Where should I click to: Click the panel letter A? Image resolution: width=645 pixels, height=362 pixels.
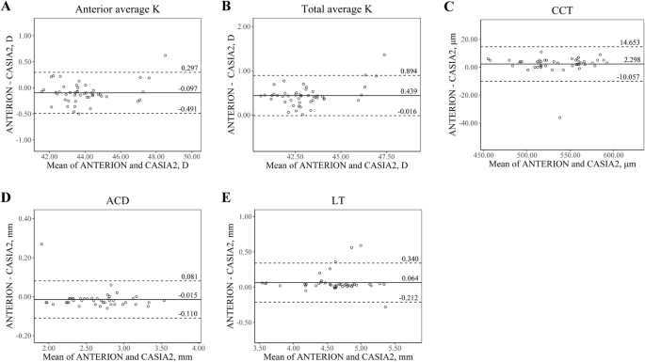[x=6, y=8]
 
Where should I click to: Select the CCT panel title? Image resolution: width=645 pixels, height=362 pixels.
[x=545, y=8]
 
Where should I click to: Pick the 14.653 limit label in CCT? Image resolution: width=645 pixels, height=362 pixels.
[x=627, y=42]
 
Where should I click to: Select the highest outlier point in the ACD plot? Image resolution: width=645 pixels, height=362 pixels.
[x=42, y=244]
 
